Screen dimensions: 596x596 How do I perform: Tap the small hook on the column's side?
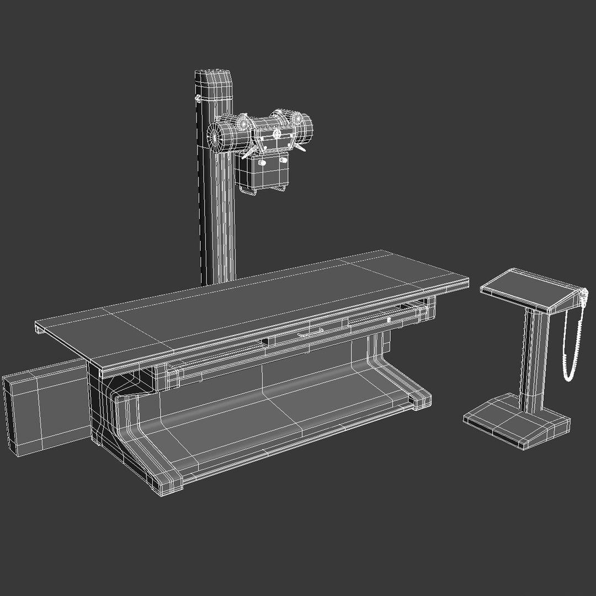coord(196,99)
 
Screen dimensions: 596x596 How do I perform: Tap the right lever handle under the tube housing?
coord(300,148)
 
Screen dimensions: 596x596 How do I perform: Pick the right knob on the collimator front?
coord(283,159)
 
